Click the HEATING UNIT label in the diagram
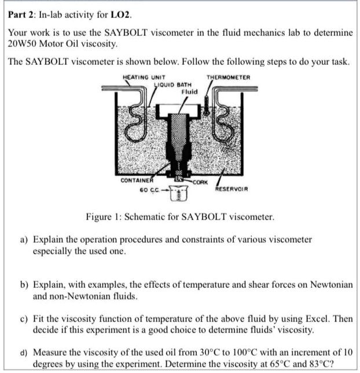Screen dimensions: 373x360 (x=144, y=78)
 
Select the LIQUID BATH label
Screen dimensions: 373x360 (x=174, y=85)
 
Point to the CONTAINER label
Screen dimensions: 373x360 (x=137, y=181)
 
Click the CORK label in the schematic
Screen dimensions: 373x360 (x=200, y=182)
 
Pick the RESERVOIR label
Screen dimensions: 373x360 (x=232, y=189)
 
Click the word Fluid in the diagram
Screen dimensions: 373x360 (x=189, y=92)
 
